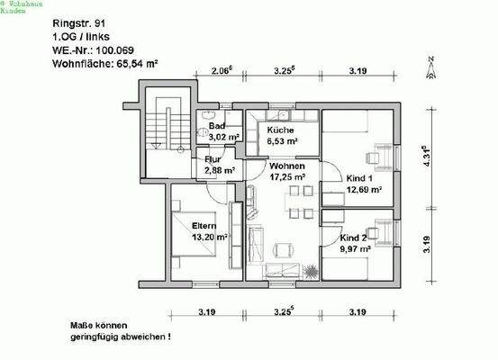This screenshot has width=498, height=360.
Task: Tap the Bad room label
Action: click(216, 126)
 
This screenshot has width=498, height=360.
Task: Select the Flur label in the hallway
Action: click(213, 159)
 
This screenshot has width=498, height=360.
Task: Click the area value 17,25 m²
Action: click(285, 178)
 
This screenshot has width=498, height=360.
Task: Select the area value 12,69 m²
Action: click(365, 190)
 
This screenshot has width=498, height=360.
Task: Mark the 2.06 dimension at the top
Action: click(222, 68)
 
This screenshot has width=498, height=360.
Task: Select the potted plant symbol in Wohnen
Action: click(311, 270)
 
